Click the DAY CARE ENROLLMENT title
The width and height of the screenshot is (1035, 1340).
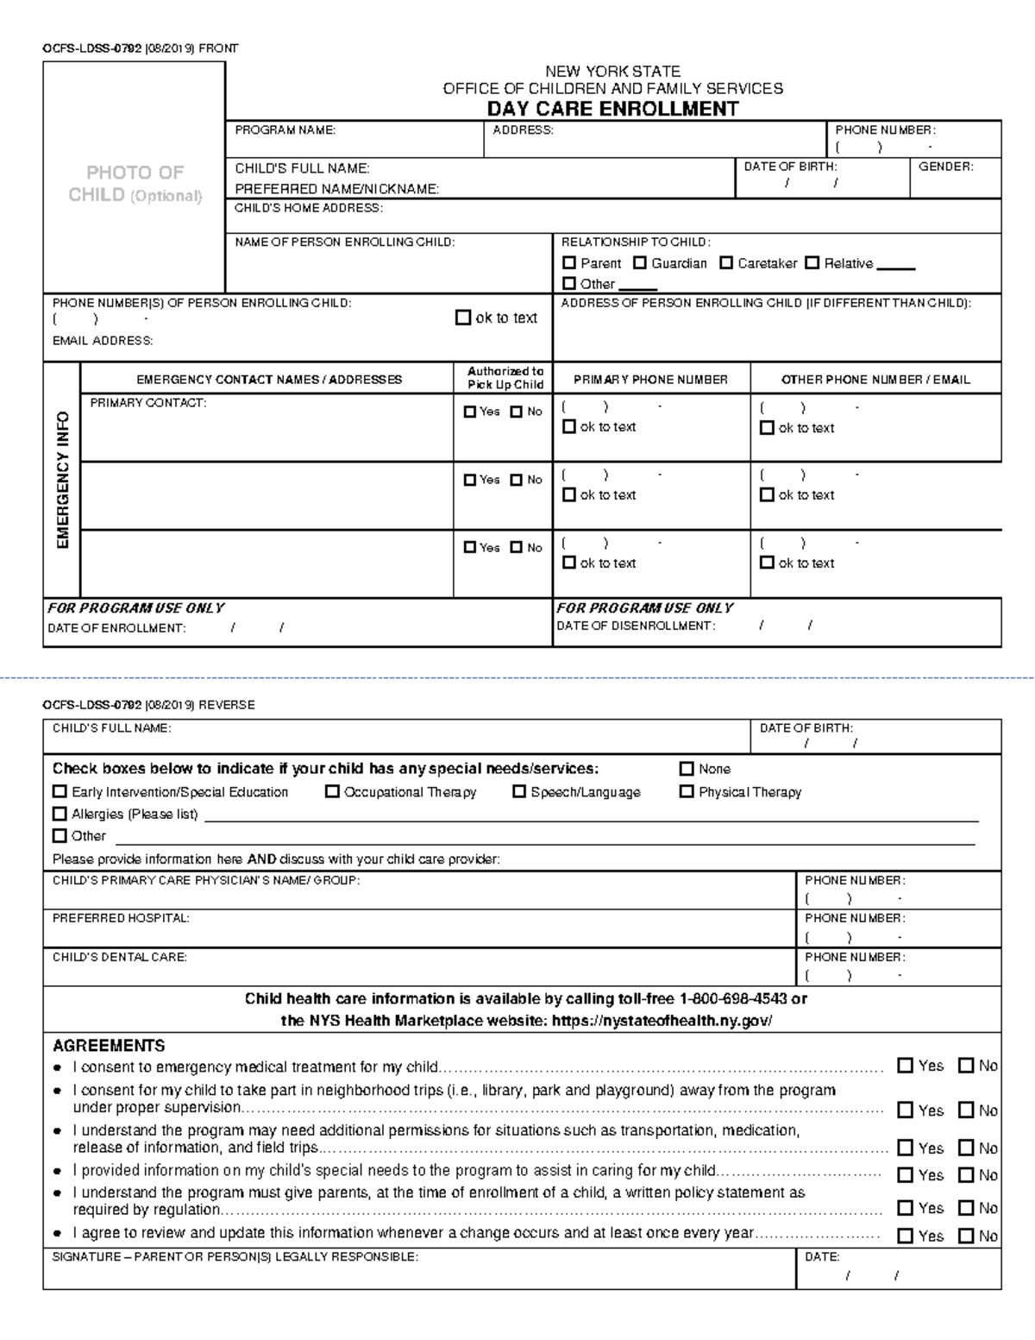coord(612,109)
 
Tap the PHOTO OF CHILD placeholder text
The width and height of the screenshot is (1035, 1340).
coord(135,184)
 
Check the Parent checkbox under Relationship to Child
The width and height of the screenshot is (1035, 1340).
coord(569,263)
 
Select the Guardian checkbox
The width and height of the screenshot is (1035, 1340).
coord(640,263)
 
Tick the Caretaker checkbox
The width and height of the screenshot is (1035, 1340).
coord(726,263)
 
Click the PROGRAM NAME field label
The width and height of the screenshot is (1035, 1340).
coord(285,130)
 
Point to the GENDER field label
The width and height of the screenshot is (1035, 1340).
coord(945,167)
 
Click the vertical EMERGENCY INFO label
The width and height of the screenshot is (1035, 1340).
coord(62,480)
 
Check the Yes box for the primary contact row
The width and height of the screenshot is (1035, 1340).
coord(470,412)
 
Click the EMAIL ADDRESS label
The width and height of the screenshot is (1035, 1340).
coord(103,341)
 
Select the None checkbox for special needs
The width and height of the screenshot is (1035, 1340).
coord(687,769)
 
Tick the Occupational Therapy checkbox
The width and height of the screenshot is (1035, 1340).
coord(332,792)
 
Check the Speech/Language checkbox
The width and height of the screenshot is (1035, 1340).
coord(519,792)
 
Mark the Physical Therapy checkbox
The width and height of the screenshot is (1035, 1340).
coord(687,792)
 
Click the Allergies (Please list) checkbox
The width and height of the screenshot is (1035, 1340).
coord(60,814)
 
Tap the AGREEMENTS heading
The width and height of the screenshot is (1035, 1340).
coord(109,1046)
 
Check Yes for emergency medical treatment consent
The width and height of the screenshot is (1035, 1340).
coord(905,1066)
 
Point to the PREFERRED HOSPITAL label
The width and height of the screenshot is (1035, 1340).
coord(121,919)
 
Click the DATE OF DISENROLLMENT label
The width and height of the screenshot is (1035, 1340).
coord(636,626)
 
